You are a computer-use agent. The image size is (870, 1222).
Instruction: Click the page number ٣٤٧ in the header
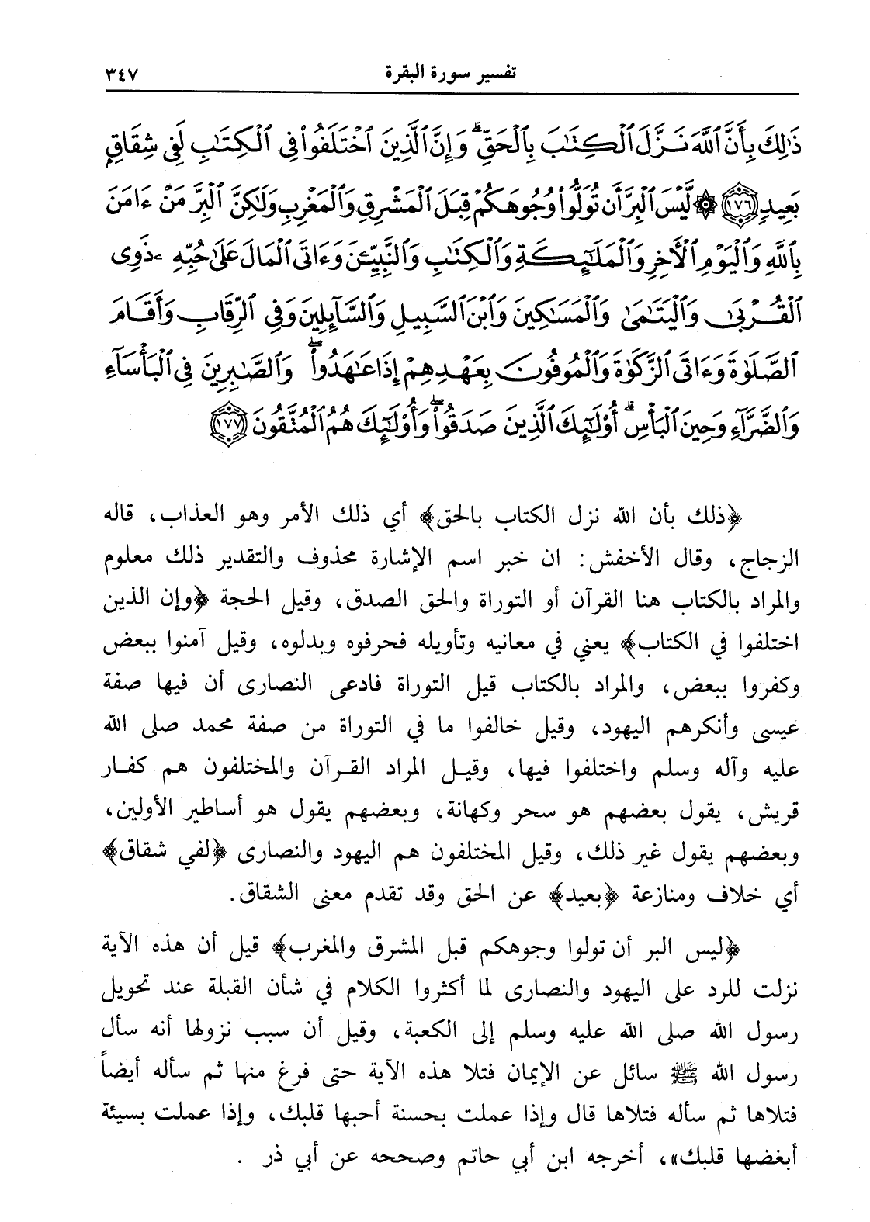click(118, 74)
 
